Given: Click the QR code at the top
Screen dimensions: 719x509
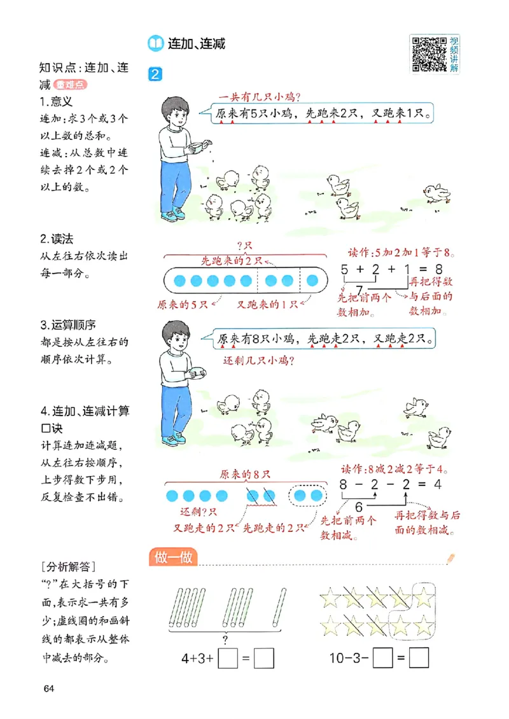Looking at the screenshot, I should tap(429, 53).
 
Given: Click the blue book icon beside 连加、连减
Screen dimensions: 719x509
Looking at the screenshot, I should tap(155, 43).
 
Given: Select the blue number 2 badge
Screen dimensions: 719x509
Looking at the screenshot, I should tap(155, 74).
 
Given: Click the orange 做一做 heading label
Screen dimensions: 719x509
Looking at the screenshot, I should tap(174, 557).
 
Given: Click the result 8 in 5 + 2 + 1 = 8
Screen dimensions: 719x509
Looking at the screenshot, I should tap(438, 269).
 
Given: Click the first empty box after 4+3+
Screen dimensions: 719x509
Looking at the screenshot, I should tap(228, 659).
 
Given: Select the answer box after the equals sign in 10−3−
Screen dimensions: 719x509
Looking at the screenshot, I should tap(419, 658).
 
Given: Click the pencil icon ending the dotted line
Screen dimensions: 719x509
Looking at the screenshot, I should tap(451, 558).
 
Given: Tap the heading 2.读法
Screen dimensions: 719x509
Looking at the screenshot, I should tap(57, 239).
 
